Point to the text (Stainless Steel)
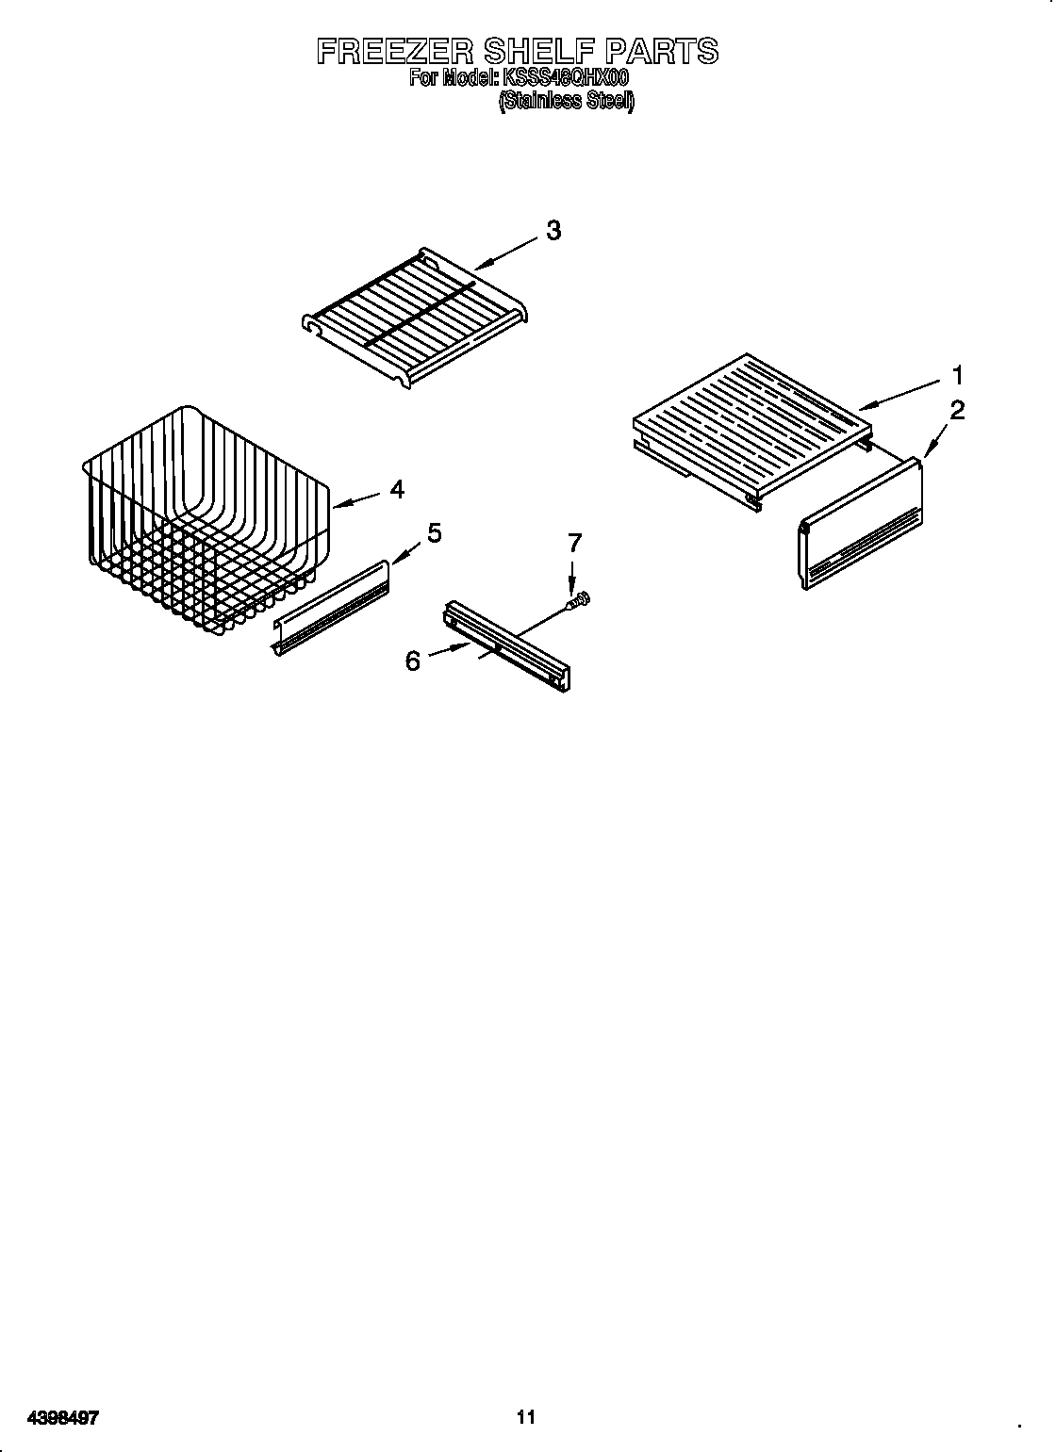pos(566,101)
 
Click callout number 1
pos(957,376)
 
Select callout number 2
pos(957,410)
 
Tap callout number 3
pos(553,231)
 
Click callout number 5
pos(433,533)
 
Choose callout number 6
pos(412,661)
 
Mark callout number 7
pos(573,543)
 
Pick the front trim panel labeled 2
pos(860,528)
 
